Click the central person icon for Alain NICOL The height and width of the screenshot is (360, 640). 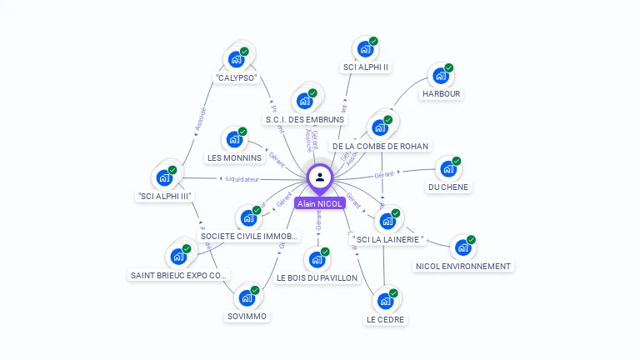click(x=320, y=177)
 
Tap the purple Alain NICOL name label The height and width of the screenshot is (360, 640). click(x=320, y=203)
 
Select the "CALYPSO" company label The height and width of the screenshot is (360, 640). click(x=236, y=78)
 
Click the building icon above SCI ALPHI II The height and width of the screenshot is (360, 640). click(x=364, y=49)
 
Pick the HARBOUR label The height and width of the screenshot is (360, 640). click(x=441, y=94)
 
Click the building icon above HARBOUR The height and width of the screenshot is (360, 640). click(x=439, y=76)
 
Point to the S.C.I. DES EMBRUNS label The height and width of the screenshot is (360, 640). click(x=304, y=119)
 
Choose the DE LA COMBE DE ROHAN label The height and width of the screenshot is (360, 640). click(x=380, y=147)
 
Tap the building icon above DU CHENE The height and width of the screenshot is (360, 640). click(x=448, y=169)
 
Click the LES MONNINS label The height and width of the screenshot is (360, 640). click(x=234, y=157)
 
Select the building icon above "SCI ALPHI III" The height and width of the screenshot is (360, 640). click(x=163, y=177)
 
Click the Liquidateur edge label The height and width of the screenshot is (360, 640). click(x=243, y=179)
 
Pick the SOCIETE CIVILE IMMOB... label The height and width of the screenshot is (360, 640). click(x=248, y=237)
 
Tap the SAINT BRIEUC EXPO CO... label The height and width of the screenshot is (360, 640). click(x=178, y=275)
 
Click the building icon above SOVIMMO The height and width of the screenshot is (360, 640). click(x=246, y=297)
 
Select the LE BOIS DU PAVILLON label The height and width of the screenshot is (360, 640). click(x=317, y=277)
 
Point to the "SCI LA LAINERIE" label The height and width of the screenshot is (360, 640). click(x=387, y=240)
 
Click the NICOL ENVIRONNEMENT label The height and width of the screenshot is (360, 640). click(x=462, y=267)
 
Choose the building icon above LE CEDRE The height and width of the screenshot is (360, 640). click(x=385, y=300)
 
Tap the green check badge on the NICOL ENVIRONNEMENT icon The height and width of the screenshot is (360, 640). click(x=471, y=239)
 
